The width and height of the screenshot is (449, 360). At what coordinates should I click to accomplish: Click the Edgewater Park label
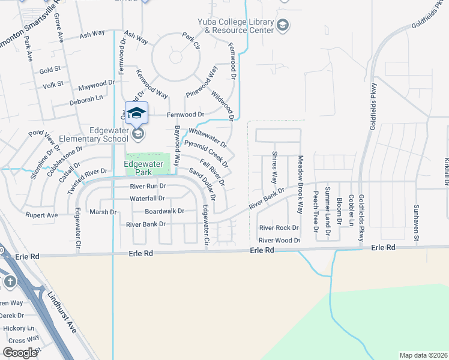coord(139,167)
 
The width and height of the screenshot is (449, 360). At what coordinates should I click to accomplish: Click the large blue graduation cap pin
coord(136,113)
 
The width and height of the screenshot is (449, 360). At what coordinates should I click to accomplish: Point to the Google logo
coord(20,353)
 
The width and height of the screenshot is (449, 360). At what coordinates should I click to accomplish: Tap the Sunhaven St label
coord(415,220)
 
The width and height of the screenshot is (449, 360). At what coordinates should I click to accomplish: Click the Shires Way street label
coord(274,167)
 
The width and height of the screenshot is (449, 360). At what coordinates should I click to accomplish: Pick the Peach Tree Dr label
coord(315,212)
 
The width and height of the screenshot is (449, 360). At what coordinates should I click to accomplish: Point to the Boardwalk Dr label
coord(164,211)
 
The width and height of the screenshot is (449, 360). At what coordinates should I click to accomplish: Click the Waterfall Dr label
coord(147,199)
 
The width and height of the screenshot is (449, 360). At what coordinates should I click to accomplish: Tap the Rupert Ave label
coord(41,214)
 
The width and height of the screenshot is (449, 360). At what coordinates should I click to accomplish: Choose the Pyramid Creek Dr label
coord(206,154)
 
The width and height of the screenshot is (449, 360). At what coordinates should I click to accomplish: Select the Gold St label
coord(46,70)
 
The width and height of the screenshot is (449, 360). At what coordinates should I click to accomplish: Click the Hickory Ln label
coord(18,328)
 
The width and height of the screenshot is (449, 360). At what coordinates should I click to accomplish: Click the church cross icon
coord(10,281)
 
